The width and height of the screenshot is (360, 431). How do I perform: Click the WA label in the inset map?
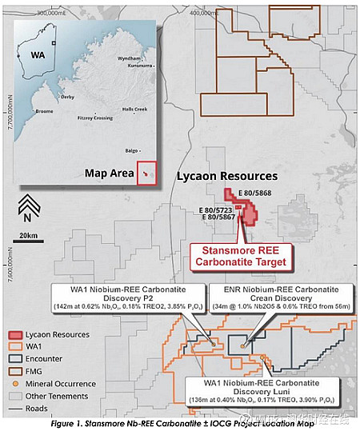37,55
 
